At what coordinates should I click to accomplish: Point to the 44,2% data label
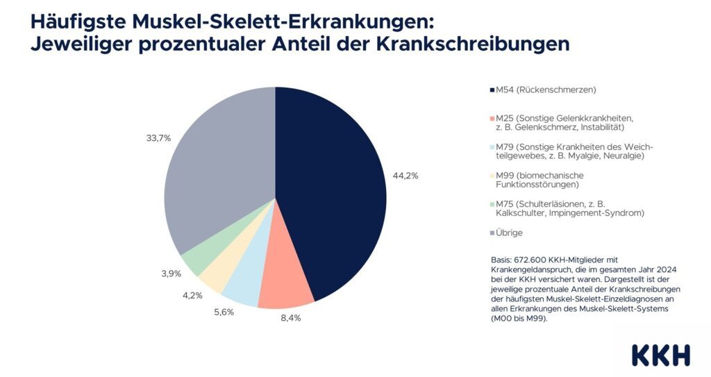coord(405,176)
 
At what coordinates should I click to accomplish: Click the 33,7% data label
coord(158,138)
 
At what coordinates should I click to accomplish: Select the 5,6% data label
coord(223,312)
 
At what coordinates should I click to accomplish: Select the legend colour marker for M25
coord(492,118)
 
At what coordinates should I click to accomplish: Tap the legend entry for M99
coord(549,180)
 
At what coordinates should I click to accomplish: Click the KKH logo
coord(661,355)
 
